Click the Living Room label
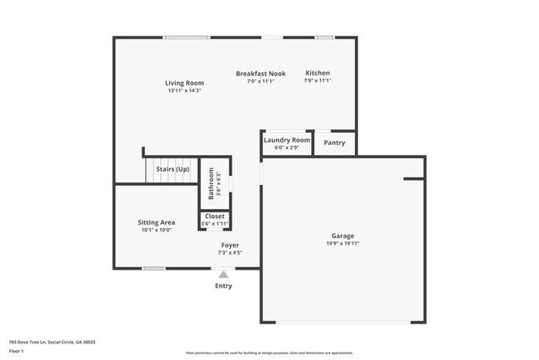click(184, 83)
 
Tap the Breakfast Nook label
click(260, 74)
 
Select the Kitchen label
click(318, 73)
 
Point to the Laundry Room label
click(287, 140)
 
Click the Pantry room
click(334, 144)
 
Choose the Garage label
click(342, 236)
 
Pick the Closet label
click(214, 216)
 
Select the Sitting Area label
click(156, 222)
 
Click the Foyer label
click(230, 246)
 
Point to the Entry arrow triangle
click(223, 275)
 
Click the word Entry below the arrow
click(224, 286)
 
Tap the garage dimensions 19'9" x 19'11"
click(342, 244)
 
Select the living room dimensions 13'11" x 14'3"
click(184, 90)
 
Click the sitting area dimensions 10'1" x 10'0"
click(156, 230)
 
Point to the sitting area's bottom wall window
click(153, 268)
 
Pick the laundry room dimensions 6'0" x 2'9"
click(287, 148)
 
